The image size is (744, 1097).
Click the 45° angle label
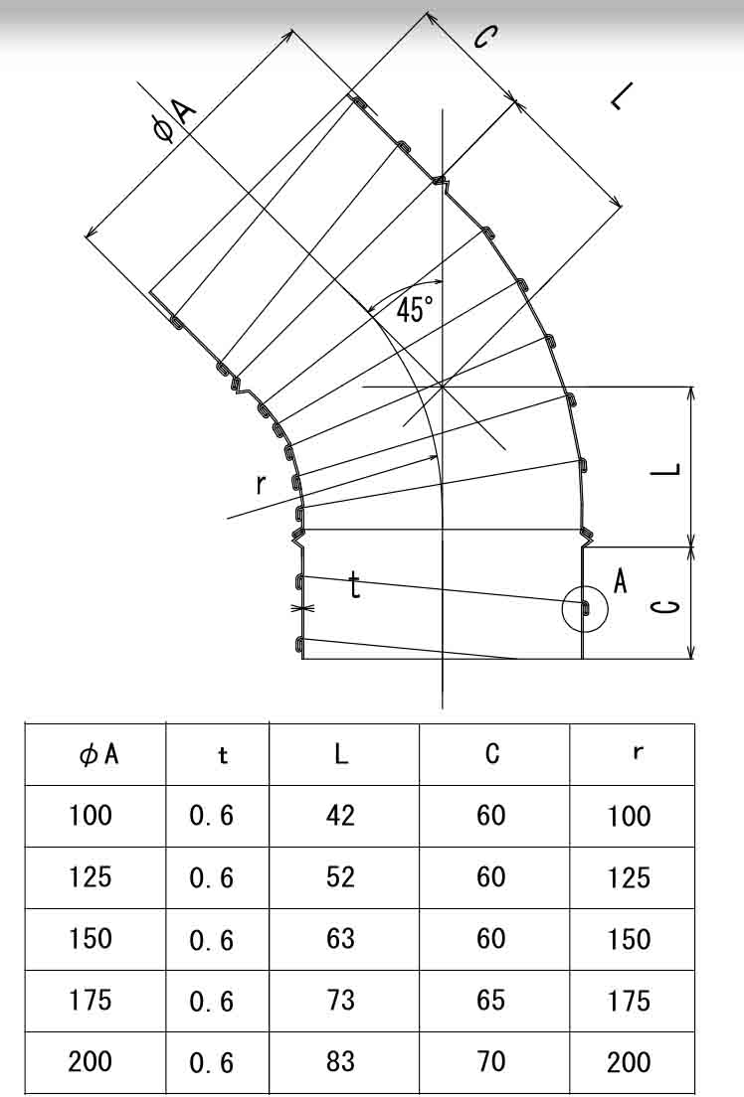coord(415,308)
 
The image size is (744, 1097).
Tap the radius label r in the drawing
coord(260,483)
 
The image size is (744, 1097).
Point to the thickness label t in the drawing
coord(355,585)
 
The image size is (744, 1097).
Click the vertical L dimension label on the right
coord(665,470)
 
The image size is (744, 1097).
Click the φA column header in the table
coord(98,754)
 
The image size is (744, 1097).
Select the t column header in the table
coord(223,755)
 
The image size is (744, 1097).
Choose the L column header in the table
coord(341,753)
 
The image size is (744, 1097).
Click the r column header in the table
coord(637,753)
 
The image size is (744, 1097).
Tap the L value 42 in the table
coord(340,816)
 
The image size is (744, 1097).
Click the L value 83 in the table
coord(340,1061)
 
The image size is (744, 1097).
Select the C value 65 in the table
coord(490,1000)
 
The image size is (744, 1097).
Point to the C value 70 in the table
coord(490,1061)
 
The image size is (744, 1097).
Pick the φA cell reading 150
coord(90,939)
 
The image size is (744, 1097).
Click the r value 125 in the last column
coord(629,877)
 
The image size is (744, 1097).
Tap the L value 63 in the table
coord(340,939)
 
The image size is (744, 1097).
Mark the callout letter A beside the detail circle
coord(620,581)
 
